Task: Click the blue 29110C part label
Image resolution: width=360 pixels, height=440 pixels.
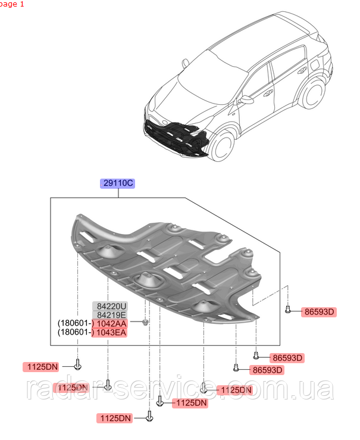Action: click(117, 183)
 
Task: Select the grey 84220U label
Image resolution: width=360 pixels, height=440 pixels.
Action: click(110, 306)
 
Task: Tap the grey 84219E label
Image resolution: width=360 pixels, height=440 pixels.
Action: click(110, 315)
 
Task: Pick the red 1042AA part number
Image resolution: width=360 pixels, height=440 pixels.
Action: click(109, 323)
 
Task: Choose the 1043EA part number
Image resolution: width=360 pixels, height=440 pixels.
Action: click(109, 332)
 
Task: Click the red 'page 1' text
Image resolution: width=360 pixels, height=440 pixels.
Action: click(12, 4)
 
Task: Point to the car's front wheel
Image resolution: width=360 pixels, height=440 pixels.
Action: click(223, 146)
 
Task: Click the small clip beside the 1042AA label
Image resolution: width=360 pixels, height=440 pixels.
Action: click(145, 322)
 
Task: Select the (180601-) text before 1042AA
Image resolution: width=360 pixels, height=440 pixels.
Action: click(74, 323)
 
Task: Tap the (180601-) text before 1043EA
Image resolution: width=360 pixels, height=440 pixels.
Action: click(74, 332)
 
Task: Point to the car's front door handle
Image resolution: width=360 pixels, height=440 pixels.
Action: click(268, 93)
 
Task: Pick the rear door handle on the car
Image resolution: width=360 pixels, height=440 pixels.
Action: click(302, 70)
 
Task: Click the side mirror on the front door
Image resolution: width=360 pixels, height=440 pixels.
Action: click(246, 99)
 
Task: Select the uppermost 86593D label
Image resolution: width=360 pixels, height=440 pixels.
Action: click(319, 312)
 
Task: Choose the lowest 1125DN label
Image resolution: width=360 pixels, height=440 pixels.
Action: click(115, 419)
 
